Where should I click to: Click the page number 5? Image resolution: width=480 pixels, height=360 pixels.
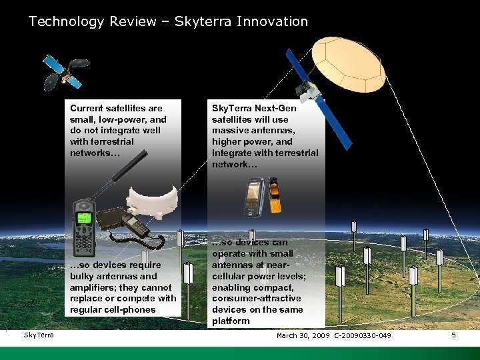click(453, 335)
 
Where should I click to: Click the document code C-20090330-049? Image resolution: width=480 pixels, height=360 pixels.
click(363, 335)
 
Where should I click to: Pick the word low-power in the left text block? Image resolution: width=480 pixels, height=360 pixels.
click(128, 119)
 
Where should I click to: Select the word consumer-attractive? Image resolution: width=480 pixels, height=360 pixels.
click(257, 299)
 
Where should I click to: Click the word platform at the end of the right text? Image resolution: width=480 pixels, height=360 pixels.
click(231, 321)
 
